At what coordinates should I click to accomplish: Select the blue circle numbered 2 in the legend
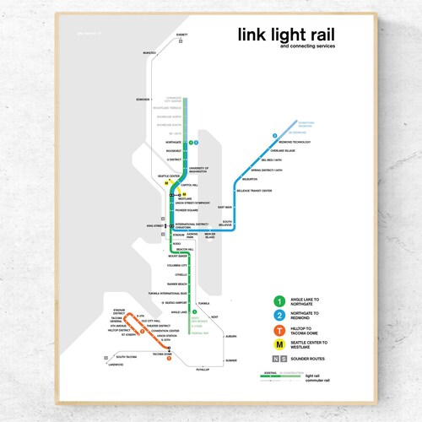[x=279, y=316]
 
